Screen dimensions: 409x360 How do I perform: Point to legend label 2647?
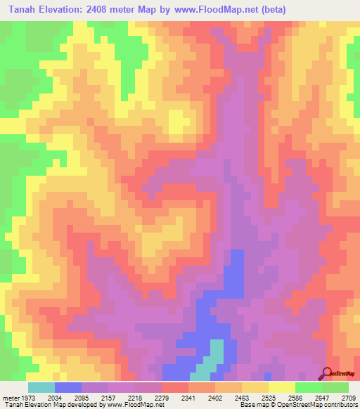(322, 397)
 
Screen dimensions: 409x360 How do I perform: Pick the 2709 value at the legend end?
(347, 397)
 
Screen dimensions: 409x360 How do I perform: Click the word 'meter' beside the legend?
(9, 397)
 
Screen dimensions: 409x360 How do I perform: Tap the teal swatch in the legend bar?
(41, 387)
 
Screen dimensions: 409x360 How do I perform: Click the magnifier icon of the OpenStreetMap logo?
(327, 374)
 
